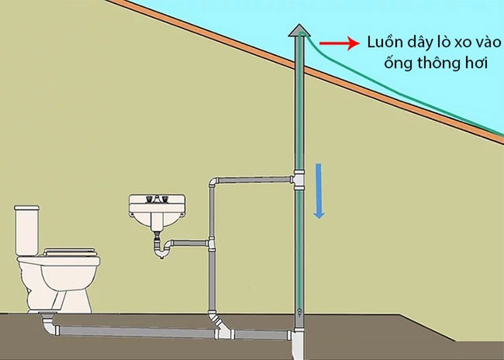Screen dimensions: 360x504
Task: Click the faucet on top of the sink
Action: point(156,199)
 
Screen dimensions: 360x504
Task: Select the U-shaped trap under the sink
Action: point(163,249)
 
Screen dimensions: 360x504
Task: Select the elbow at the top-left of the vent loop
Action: point(213,183)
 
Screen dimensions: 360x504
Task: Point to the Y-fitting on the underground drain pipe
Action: point(222,325)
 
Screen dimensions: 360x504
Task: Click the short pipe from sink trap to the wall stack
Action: point(190,241)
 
